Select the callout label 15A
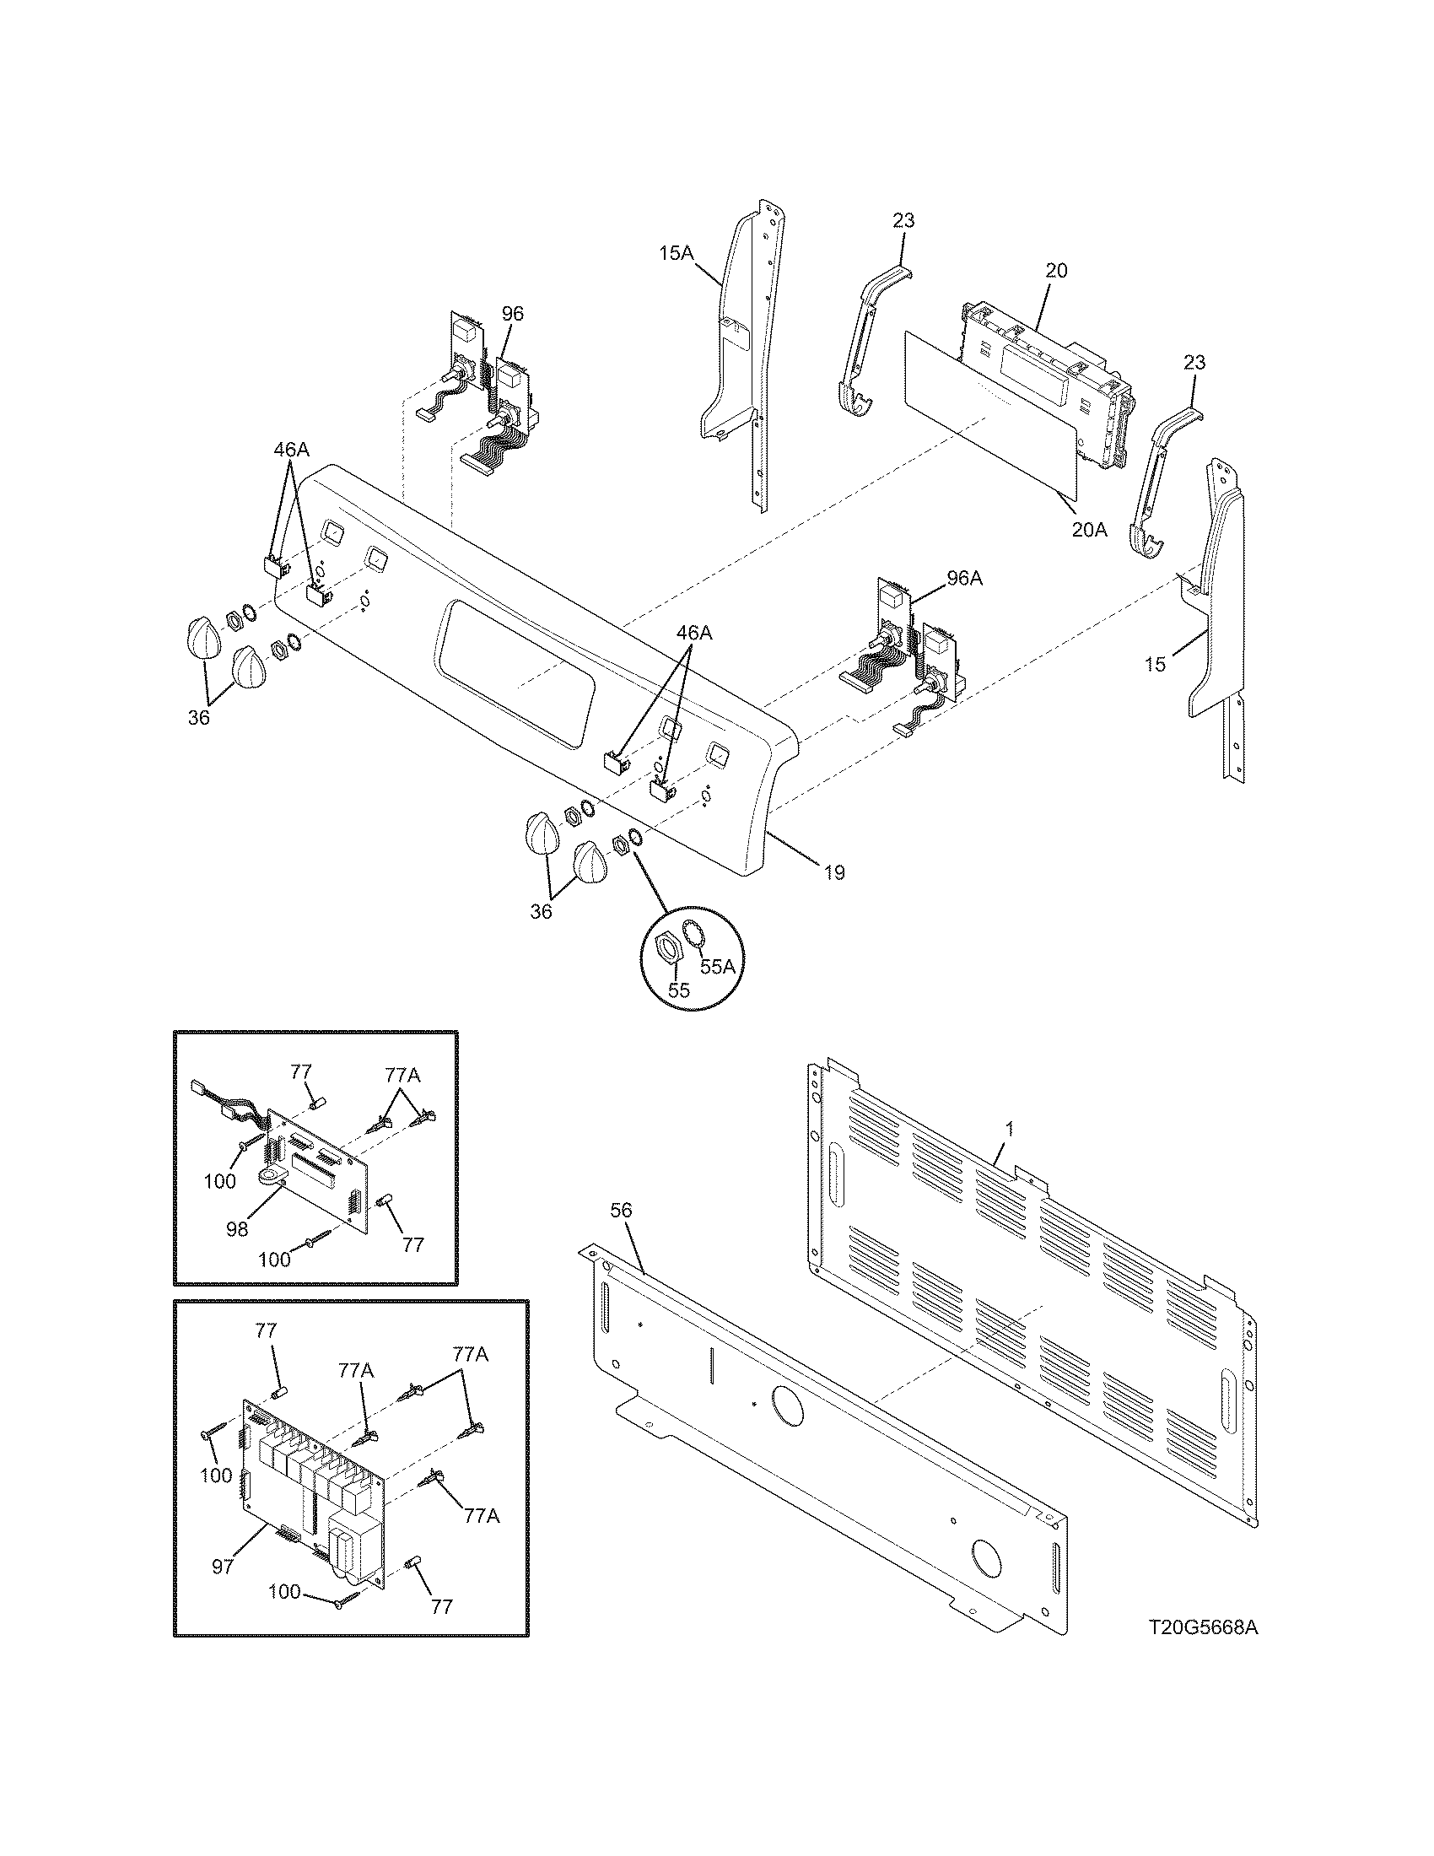pos(677,253)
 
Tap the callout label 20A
pos(1088,530)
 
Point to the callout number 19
pos(834,872)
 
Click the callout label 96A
pos(964,579)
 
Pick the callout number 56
pos(622,1211)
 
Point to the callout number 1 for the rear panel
pos(1009,1129)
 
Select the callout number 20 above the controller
pos(1056,271)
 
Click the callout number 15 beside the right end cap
pos(1155,664)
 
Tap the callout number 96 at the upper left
pos(512,314)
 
